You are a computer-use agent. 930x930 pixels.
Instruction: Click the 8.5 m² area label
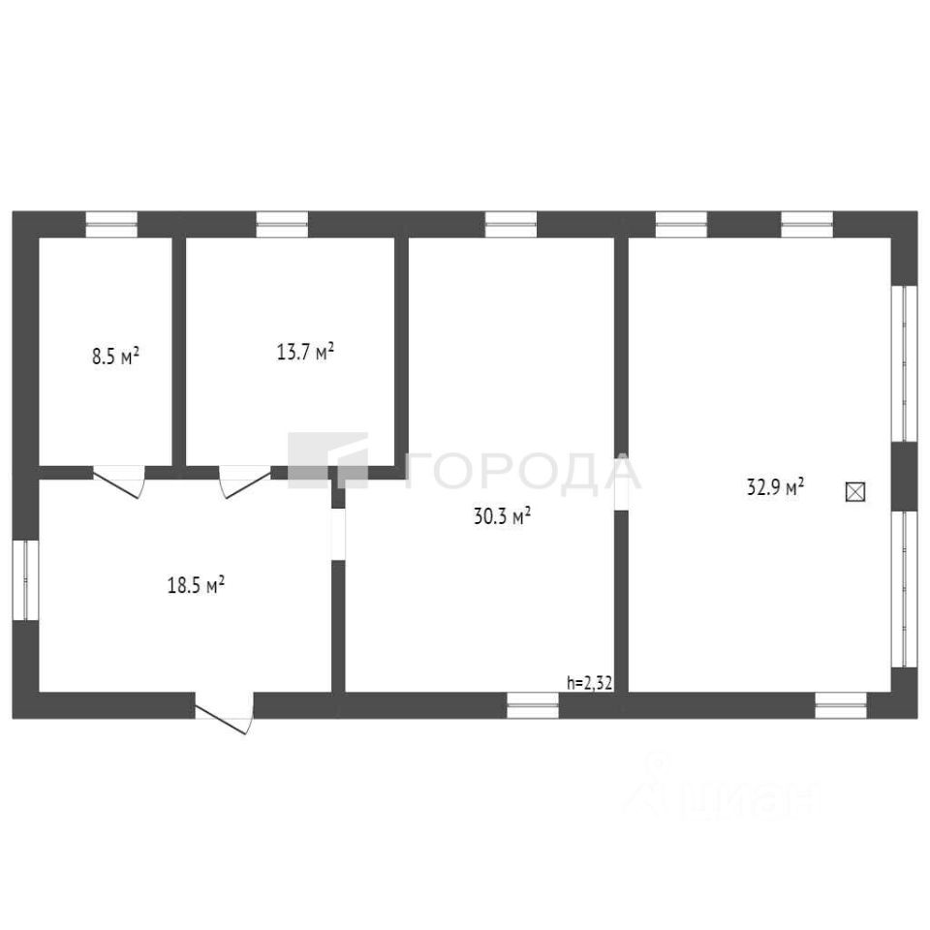[x=115, y=356]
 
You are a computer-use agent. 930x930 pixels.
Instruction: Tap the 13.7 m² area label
[x=305, y=351]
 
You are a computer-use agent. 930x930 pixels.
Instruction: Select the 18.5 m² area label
[x=197, y=584]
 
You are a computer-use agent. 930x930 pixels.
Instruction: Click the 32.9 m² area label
[x=776, y=487]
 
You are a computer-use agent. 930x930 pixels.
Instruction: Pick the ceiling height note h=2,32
[x=589, y=682]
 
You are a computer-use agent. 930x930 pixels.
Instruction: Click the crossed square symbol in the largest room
[x=855, y=491]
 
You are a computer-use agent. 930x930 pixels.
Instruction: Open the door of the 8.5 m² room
[x=118, y=479]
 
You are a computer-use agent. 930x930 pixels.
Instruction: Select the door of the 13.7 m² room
[x=244, y=479]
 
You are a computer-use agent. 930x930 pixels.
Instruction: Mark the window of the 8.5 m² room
[x=111, y=224]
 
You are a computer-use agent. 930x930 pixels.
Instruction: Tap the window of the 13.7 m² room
[x=282, y=224]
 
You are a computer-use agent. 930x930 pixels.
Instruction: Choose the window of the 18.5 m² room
[x=25, y=578]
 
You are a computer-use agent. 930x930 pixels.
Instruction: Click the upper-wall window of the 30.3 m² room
[x=511, y=224]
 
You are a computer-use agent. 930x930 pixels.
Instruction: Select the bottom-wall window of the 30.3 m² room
[x=533, y=705]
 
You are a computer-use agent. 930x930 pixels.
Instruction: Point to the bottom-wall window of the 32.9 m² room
[x=840, y=705]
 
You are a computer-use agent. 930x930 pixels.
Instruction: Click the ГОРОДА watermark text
[x=523, y=472]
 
